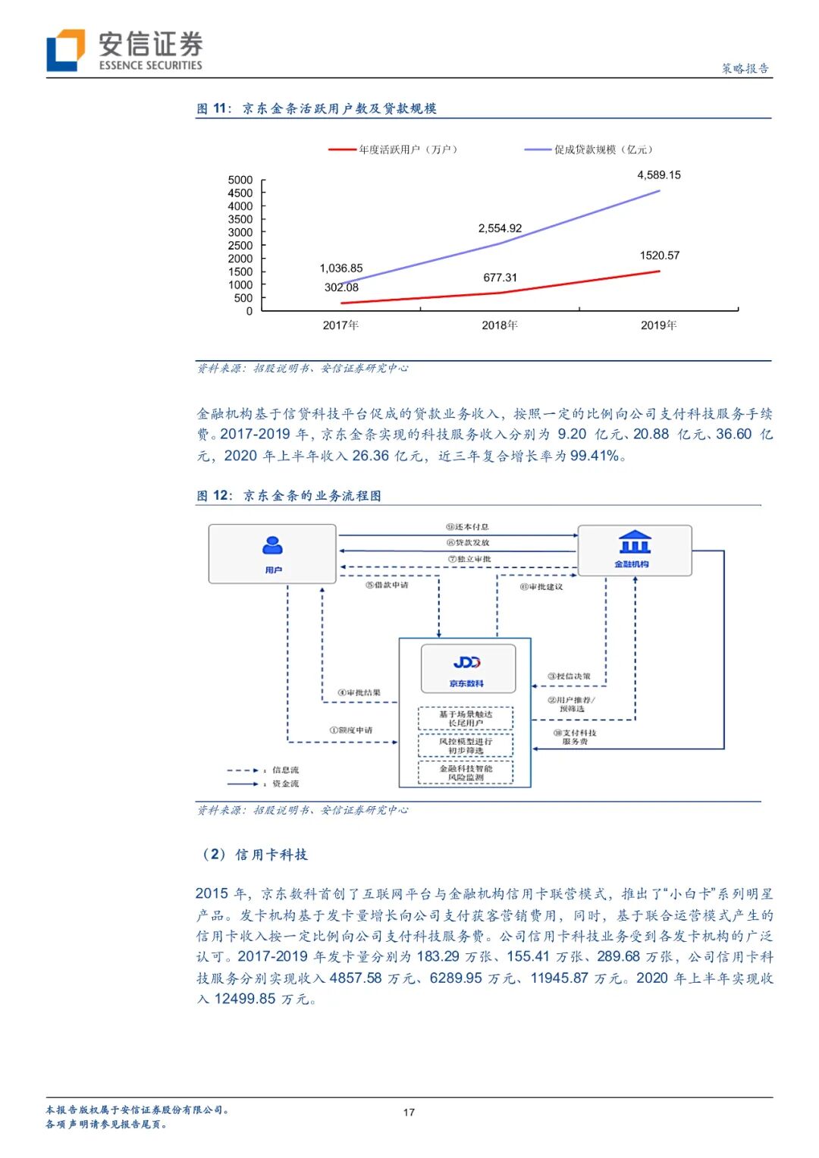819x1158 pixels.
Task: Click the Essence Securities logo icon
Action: pyautogui.click(x=65, y=50)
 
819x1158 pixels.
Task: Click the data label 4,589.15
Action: pyautogui.click(x=658, y=175)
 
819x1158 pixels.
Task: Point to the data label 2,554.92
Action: pyautogui.click(x=500, y=228)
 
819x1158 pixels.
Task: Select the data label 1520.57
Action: pyautogui.click(x=659, y=256)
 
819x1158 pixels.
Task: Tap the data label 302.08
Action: pyautogui.click(x=341, y=287)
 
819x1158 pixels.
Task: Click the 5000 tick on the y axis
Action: pyautogui.click(x=240, y=180)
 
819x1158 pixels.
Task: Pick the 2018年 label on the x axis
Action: pyautogui.click(x=500, y=325)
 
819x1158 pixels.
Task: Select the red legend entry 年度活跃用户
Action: pyautogui.click(x=394, y=149)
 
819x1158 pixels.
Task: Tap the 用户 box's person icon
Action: pyautogui.click(x=272, y=545)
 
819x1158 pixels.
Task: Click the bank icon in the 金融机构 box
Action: pyautogui.click(x=634, y=543)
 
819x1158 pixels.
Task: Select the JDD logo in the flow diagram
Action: pyautogui.click(x=466, y=663)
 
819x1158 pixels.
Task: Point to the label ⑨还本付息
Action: pyautogui.click(x=467, y=527)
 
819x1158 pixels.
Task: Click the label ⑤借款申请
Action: pyautogui.click(x=387, y=585)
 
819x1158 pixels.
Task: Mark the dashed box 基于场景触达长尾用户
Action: pyautogui.click(x=466, y=719)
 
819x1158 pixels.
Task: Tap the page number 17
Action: pyautogui.click(x=409, y=1112)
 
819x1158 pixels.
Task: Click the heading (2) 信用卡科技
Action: pyautogui.click(x=253, y=855)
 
